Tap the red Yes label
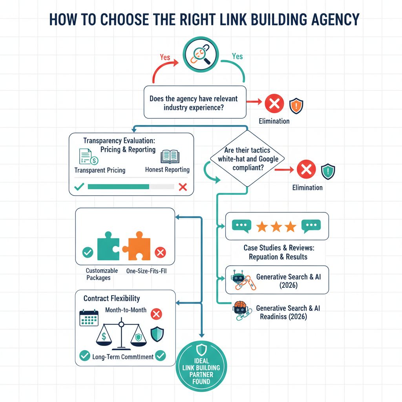coord(165,57)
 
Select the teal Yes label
coord(237,56)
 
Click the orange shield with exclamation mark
coord(296,105)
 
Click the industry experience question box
coord(195,102)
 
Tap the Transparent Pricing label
coord(100,170)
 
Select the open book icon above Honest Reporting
coord(170,157)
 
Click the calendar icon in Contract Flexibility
coord(88,318)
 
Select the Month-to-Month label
coord(126,310)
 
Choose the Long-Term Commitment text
coord(122,357)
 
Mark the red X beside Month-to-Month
coord(157,314)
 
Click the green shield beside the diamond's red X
coord(327,171)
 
